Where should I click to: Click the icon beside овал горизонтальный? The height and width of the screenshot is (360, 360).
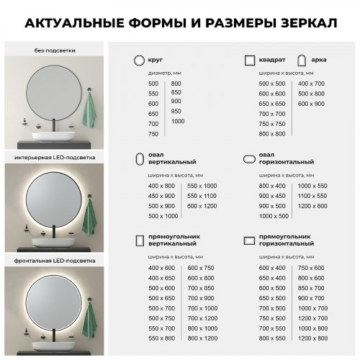pos(249,159)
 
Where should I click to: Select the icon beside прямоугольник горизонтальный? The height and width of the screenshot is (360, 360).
pos(249,239)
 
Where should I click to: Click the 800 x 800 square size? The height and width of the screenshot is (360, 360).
pos(271,134)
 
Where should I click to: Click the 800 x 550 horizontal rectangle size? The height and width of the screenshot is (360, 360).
pos(271,338)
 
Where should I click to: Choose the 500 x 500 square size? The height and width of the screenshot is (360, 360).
pos(271,84)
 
